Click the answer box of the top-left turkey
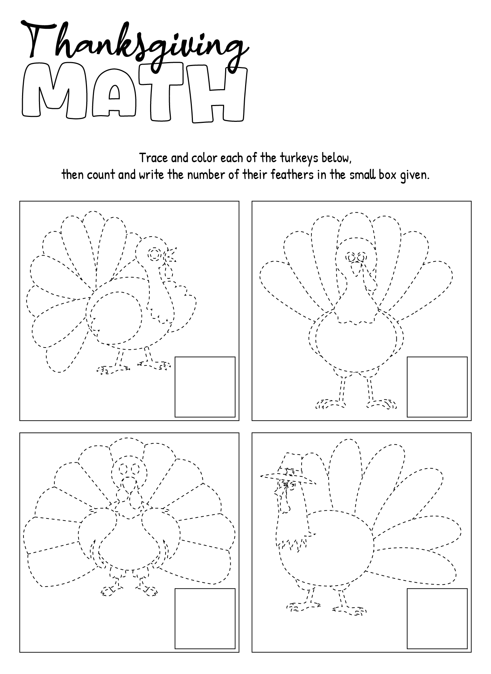coord(205,387)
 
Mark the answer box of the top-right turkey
coord(437,387)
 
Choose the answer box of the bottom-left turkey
coord(205,619)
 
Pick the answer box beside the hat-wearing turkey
coord(437,619)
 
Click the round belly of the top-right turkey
coord(356,344)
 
